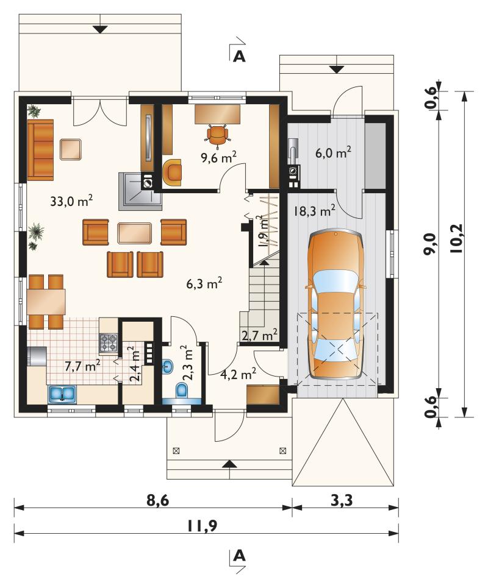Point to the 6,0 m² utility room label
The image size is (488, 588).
[333, 152]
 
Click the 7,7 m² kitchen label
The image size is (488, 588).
[82, 366]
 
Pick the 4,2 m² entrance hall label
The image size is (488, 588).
[238, 374]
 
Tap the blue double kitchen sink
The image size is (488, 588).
[62, 394]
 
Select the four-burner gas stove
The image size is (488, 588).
[109, 343]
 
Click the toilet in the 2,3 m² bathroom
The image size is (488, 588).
[182, 391]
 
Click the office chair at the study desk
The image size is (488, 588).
[217, 134]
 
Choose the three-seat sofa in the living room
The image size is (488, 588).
[40, 149]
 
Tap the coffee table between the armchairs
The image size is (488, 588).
[134, 233]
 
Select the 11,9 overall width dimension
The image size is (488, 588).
[201, 526]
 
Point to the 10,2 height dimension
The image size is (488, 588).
[455, 239]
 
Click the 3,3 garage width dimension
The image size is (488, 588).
[342, 500]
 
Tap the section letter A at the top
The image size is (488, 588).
[239, 56]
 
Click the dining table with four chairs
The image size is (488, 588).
[46, 302]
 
